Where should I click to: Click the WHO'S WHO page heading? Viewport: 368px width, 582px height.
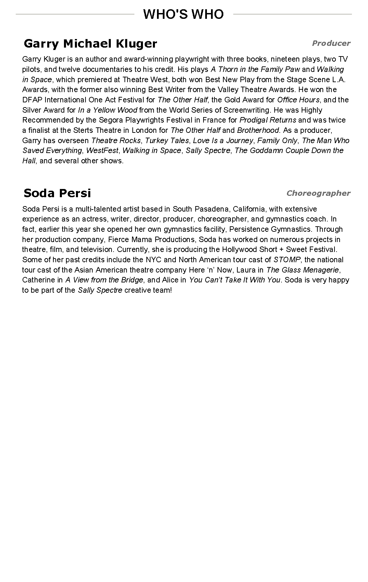pos(183,14)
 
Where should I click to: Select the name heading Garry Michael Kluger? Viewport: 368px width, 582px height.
pos(90,43)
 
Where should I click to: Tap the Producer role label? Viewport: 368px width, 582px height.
pos(331,43)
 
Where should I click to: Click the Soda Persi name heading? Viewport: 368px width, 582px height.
pos(57,193)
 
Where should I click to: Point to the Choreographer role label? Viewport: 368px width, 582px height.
pos(318,193)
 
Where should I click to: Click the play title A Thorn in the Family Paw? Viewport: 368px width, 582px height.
pos(255,69)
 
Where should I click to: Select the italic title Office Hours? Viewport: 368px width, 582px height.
pos(298,100)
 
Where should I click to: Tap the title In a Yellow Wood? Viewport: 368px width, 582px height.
pos(107,110)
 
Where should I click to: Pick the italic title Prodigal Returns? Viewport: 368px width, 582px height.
pos(268,120)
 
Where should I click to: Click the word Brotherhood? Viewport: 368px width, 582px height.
pos(258,130)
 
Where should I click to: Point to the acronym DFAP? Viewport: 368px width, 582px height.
pos(32,100)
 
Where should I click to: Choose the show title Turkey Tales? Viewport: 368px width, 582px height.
pos(167,140)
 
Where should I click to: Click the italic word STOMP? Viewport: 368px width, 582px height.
pos(287,260)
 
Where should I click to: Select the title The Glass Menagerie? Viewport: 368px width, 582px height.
pos(302,270)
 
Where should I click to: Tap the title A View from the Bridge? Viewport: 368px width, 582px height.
pos(104,280)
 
